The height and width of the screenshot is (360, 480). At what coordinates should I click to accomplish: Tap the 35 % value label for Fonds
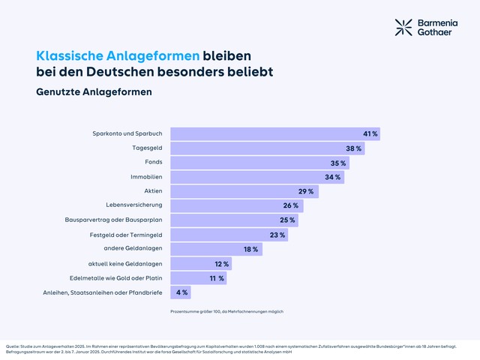[x=338, y=163]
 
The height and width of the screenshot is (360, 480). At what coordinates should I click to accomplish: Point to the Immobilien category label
[x=147, y=177]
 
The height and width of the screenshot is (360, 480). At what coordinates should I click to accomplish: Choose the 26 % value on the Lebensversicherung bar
[x=291, y=205]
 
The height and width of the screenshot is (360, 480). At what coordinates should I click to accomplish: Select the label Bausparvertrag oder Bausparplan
[x=114, y=220]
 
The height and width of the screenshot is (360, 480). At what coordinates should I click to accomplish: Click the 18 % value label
[x=250, y=249]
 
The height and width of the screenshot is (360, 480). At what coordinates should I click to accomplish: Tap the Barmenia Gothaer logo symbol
[x=403, y=27]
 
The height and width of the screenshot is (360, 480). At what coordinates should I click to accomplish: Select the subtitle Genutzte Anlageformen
[x=94, y=92]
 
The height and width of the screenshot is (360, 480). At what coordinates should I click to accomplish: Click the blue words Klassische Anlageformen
[x=118, y=56]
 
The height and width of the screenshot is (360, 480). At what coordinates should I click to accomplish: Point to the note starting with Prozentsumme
[x=226, y=311]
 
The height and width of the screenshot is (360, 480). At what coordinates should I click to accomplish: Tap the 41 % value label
[x=370, y=133]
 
